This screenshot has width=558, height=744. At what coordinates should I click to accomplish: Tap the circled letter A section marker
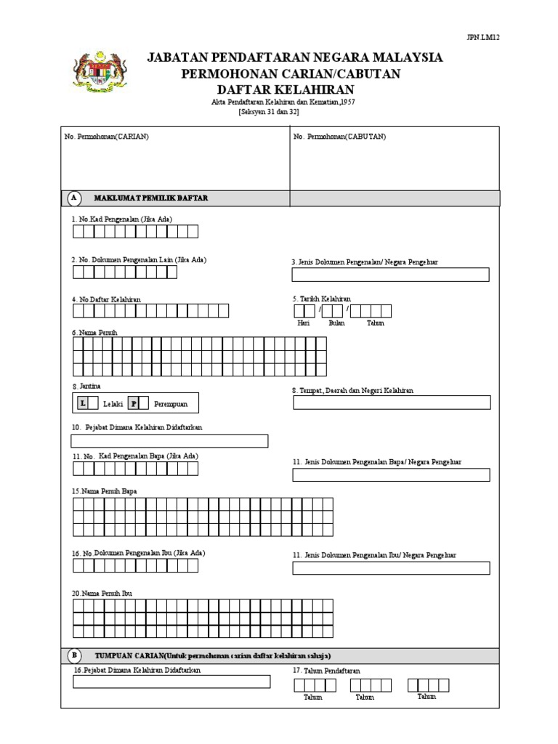tap(74, 198)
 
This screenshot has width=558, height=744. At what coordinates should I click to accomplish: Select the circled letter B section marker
tap(74, 655)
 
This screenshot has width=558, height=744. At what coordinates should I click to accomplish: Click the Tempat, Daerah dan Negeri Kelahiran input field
tap(392, 403)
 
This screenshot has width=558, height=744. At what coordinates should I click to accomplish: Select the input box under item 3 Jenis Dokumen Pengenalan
tap(390, 275)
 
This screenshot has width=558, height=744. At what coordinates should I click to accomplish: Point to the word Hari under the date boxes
tap(303, 323)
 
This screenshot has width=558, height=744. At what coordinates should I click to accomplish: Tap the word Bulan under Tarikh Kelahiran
tap(336, 323)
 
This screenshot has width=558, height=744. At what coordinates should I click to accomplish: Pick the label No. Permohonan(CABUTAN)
tap(340, 137)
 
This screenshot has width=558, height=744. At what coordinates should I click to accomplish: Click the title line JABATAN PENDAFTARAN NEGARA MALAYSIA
tap(294, 57)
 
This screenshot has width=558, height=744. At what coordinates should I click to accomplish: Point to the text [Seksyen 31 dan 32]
tap(268, 112)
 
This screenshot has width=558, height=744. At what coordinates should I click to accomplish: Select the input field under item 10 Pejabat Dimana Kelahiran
tap(169, 441)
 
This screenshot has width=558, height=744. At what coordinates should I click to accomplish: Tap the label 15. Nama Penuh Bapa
tap(104, 491)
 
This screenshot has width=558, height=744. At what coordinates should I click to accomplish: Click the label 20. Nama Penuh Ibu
tap(102, 593)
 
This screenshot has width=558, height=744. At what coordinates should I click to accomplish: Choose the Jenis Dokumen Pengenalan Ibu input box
tap(391, 568)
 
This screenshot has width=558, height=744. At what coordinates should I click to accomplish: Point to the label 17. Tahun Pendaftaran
tap(326, 671)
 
